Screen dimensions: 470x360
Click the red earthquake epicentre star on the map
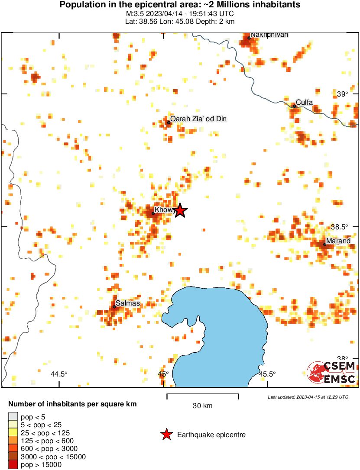[180, 211]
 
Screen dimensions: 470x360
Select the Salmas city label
[128, 303]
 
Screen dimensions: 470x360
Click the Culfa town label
[304, 102]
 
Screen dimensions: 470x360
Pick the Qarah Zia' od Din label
[198, 119]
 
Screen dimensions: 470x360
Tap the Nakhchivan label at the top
[269, 35]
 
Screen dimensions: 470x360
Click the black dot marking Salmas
[114, 307]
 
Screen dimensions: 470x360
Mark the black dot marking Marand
[324, 245]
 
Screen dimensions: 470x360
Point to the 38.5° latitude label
[339, 227]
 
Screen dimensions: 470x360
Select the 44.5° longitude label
[59, 374]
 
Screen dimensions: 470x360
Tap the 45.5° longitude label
[267, 374]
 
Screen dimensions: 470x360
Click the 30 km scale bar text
[202, 406]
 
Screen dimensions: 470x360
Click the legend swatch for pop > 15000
[13, 465]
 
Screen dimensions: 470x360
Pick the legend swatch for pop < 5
[13, 417]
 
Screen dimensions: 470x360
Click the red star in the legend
[166, 435]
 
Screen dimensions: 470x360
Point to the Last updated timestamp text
[308, 397]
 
